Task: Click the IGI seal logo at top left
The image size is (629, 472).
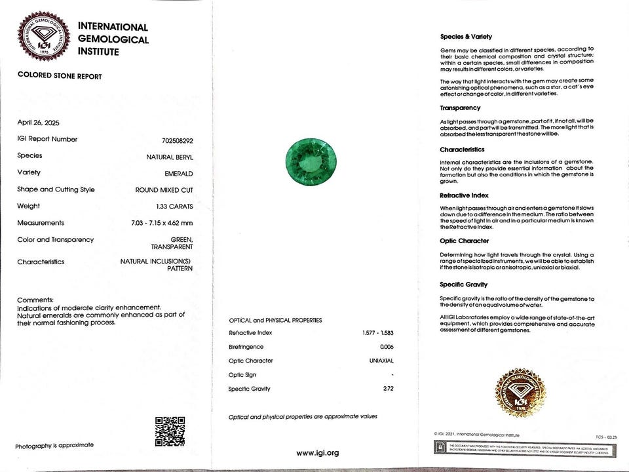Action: coord(44,37)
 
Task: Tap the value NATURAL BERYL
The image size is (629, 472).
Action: coord(170,157)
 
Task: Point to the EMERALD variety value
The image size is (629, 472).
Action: coord(178,173)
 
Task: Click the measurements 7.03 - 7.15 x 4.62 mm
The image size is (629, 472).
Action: coord(162,224)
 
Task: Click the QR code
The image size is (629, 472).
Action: coord(170,431)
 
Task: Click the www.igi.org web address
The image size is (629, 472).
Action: coord(318,453)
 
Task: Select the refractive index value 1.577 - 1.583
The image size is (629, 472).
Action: coord(378,333)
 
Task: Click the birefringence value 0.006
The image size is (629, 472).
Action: coord(387,347)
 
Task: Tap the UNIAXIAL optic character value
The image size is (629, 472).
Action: coord(381,361)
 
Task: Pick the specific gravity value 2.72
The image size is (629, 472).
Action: coord(388,389)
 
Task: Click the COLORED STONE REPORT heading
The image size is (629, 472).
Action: coord(60,76)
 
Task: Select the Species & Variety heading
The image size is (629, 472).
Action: coord(466,37)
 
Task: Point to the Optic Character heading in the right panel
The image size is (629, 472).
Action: coord(465,241)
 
